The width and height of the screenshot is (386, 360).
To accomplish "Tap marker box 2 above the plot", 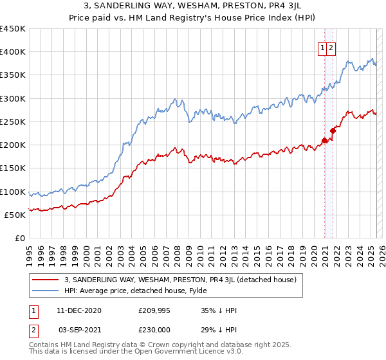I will pyautogui.click(x=331, y=47).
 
